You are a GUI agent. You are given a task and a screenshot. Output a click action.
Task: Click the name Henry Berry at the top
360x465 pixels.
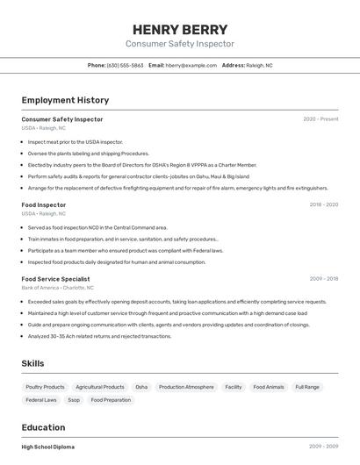click(180, 29)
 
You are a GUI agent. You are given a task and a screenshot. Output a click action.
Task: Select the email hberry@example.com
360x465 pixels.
click(191, 65)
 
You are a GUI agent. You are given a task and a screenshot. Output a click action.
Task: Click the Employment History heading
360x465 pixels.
click(65, 100)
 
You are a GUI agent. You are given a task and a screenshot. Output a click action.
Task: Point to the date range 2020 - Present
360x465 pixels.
click(320, 119)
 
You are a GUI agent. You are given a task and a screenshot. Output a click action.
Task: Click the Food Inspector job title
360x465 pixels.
click(44, 204)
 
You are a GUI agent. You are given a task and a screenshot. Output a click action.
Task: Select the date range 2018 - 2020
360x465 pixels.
click(323, 204)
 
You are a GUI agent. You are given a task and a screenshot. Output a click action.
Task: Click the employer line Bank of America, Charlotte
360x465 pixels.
click(58, 288)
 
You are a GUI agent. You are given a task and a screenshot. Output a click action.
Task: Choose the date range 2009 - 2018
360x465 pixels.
click(323, 279)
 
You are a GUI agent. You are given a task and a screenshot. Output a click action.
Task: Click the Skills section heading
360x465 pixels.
click(32, 363)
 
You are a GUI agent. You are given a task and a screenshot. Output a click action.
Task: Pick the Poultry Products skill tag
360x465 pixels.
click(45, 387)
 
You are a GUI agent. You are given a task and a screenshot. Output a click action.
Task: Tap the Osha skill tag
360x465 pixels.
click(141, 387)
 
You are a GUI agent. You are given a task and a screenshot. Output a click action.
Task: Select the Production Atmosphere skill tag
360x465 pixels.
click(186, 387)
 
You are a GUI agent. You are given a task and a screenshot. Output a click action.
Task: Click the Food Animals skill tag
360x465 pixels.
click(268, 387)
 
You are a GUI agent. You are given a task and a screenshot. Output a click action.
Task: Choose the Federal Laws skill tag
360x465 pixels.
click(41, 400)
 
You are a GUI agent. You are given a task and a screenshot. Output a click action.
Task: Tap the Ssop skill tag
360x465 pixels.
click(74, 400)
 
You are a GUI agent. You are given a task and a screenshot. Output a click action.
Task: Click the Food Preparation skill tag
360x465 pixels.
click(111, 400)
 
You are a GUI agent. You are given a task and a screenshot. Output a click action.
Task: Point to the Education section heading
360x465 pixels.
click(44, 427)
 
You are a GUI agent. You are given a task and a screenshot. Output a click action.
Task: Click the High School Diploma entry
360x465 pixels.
click(48, 447)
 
